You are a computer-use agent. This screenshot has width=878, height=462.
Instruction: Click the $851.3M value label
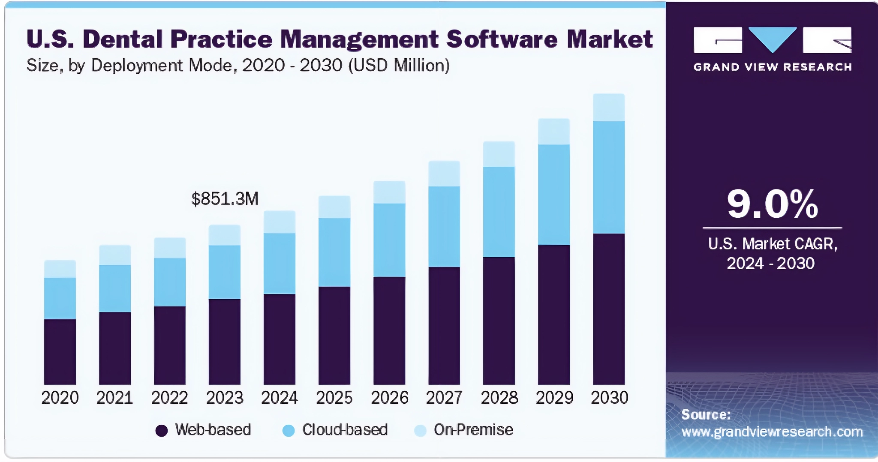[225, 199]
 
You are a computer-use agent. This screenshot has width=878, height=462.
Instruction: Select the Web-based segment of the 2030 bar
[608, 309]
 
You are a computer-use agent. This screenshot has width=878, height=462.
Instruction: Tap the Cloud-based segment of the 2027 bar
[444, 226]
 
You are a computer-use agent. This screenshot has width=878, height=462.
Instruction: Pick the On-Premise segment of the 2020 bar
[60, 269]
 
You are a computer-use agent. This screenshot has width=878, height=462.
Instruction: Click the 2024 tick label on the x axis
[279, 398]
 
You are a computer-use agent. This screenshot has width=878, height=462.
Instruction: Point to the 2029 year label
[554, 398]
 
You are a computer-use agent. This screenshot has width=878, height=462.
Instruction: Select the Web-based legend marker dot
[161, 430]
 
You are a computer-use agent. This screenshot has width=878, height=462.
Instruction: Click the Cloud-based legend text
[345, 429]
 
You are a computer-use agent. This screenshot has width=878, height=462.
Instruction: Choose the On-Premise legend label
[473, 429]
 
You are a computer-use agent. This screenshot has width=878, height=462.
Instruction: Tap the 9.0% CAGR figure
[772, 204]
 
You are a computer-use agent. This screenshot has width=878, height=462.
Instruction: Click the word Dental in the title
[123, 39]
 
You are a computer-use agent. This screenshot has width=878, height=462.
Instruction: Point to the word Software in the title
[502, 39]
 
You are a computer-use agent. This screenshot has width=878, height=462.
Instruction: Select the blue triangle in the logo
[772, 38]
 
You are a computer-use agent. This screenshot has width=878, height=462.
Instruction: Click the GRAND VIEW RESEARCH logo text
[772, 67]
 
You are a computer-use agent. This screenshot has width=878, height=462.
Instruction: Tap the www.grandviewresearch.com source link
[772, 432]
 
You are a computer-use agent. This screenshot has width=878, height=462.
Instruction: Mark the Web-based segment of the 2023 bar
[224, 341]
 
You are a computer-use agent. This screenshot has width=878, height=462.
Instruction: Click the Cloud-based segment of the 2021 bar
[115, 288]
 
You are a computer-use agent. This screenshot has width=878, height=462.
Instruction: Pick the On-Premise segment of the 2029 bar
[553, 132]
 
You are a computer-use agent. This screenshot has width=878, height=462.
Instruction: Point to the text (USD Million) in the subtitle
[399, 66]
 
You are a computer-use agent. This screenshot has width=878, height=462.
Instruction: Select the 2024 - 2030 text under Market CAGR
[770, 263]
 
